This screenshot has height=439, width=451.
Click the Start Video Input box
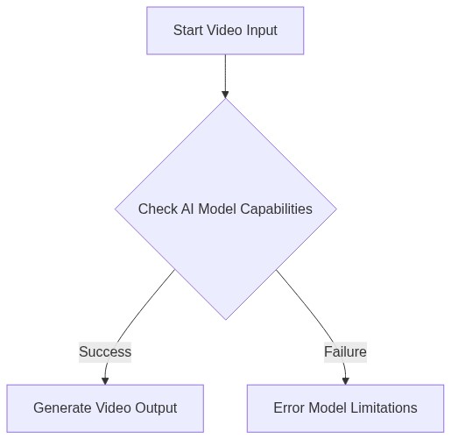click(x=225, y=31)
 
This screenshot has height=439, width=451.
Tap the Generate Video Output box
click(x=105, y=408)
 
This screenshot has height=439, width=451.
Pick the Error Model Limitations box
click(x=345, y=408)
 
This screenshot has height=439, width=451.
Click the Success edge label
click(x=105, y=352)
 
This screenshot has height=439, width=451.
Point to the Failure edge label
click(x=345, y=352)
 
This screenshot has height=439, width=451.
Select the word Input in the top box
click(x=259, y=31)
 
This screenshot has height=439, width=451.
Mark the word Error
click(x=290, y=408)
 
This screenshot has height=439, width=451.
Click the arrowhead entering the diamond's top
click(x=225, y=93)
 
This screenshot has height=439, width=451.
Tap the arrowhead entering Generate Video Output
click(x=106, y=380)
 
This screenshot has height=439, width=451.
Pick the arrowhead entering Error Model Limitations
click(x=345, y=380)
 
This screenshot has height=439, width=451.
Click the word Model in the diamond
click(x=220, y=209)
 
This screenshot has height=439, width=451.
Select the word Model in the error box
click(x=330, y=408)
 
